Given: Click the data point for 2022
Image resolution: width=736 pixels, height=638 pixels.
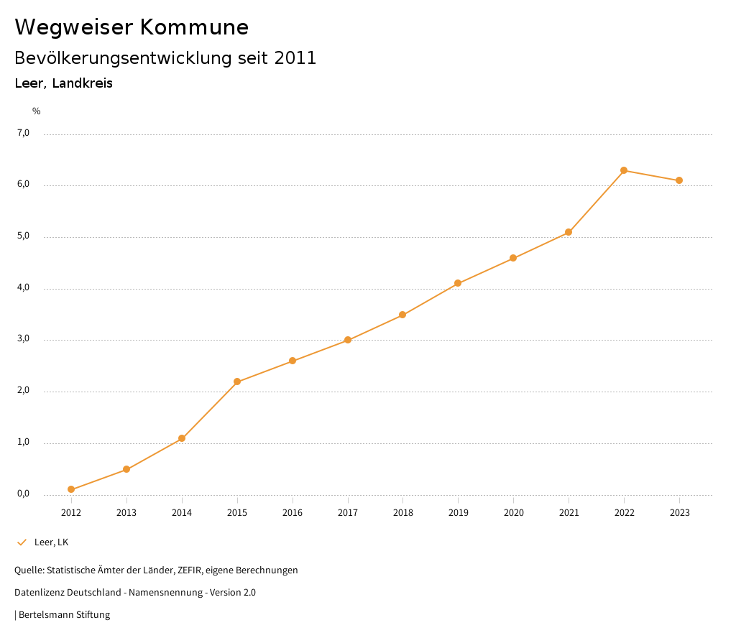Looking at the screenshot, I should [x=624, y=170].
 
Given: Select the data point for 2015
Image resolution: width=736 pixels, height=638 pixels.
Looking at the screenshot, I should [x=237, y=382].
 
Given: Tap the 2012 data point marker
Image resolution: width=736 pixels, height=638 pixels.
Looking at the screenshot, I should [x=71, y=489].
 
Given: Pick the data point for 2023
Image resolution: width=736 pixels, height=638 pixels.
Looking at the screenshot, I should [x=679, y=180].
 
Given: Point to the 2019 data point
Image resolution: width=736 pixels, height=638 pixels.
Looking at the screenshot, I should [x=458, y=283].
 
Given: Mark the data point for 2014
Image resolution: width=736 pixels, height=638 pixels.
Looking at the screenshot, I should [x=182, y=438].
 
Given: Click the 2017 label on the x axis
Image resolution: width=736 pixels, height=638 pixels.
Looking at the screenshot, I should [x=348, y=513].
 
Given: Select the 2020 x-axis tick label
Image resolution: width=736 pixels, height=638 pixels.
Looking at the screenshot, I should [x=513, y=513].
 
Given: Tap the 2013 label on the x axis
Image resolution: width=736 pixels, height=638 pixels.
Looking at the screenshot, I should [x=126, y=513].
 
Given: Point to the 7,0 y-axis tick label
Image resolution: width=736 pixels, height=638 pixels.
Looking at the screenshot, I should [x=24, y=133].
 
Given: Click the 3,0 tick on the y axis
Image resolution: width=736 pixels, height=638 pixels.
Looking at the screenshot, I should [x=24, y=339].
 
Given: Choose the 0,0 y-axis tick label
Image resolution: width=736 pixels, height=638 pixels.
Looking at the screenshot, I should [x=24, y=494].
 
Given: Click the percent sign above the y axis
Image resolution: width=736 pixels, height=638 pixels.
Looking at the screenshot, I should [x=37, y=111].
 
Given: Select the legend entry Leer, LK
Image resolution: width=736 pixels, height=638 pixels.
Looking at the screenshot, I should [x=51, y=542].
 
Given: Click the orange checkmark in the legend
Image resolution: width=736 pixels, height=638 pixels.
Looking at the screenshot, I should [x=22, y=542].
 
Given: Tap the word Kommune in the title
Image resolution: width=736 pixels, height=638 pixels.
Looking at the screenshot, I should [x=194, y=27].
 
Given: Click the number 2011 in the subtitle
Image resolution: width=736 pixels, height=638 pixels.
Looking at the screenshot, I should [x=295, y=58].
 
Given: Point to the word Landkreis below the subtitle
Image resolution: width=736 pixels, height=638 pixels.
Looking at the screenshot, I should [x=83, y=83].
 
